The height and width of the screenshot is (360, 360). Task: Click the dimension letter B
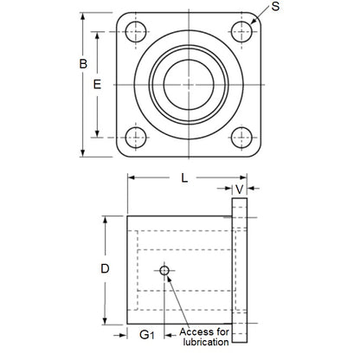tap(83, 64)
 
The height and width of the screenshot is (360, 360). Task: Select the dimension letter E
tap(97, 84)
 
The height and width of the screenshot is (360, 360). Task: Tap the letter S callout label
tap(273, 8)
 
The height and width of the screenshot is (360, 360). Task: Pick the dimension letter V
tap(240, 189)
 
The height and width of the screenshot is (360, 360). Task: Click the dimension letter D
tap(105, 268)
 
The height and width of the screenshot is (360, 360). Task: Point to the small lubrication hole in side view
tap(164, 271)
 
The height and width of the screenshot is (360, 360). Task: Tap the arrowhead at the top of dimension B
tap(83, 15)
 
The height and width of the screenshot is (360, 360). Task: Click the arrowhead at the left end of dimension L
tap(132, 177)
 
